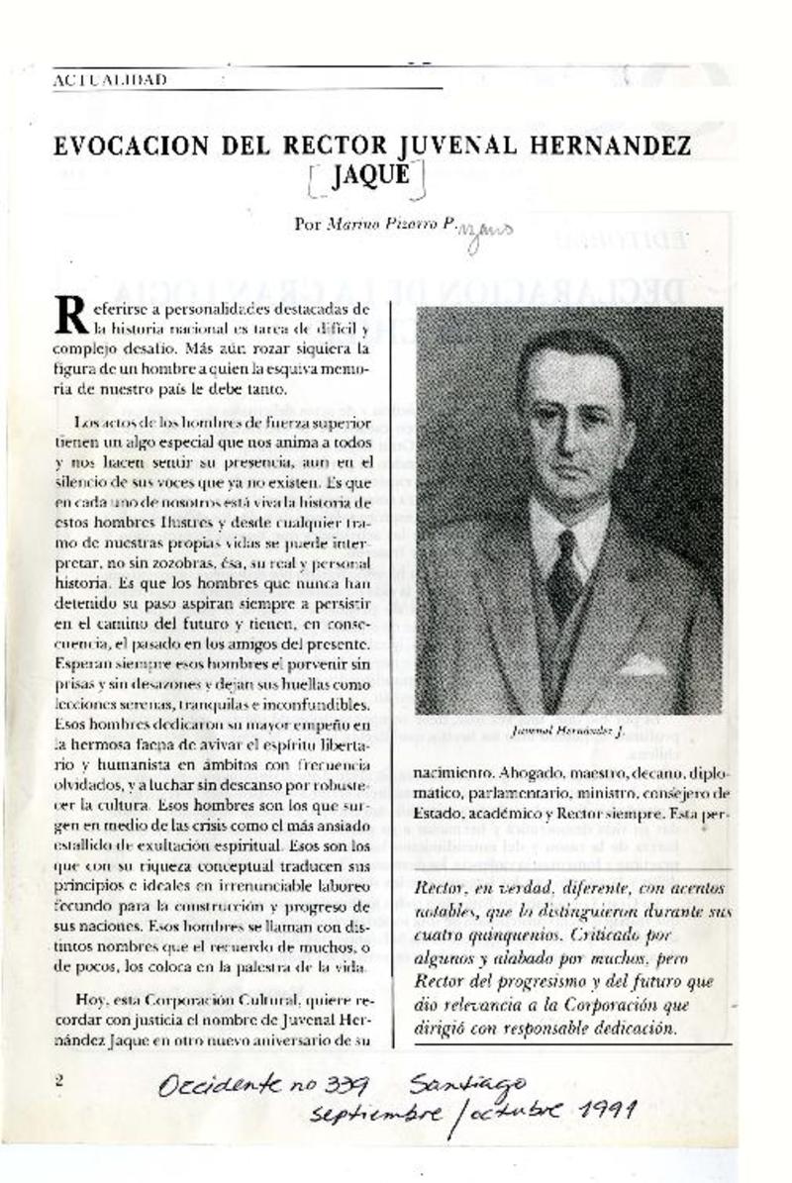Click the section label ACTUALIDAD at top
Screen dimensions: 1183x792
[110, 79]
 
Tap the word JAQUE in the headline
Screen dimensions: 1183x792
[367, 178]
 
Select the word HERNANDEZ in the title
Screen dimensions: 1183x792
[611, 147]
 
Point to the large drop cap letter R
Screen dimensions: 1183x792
[72, 315]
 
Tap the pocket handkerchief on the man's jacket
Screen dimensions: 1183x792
[643, 664]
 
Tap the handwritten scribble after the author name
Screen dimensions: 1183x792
[487, 231]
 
